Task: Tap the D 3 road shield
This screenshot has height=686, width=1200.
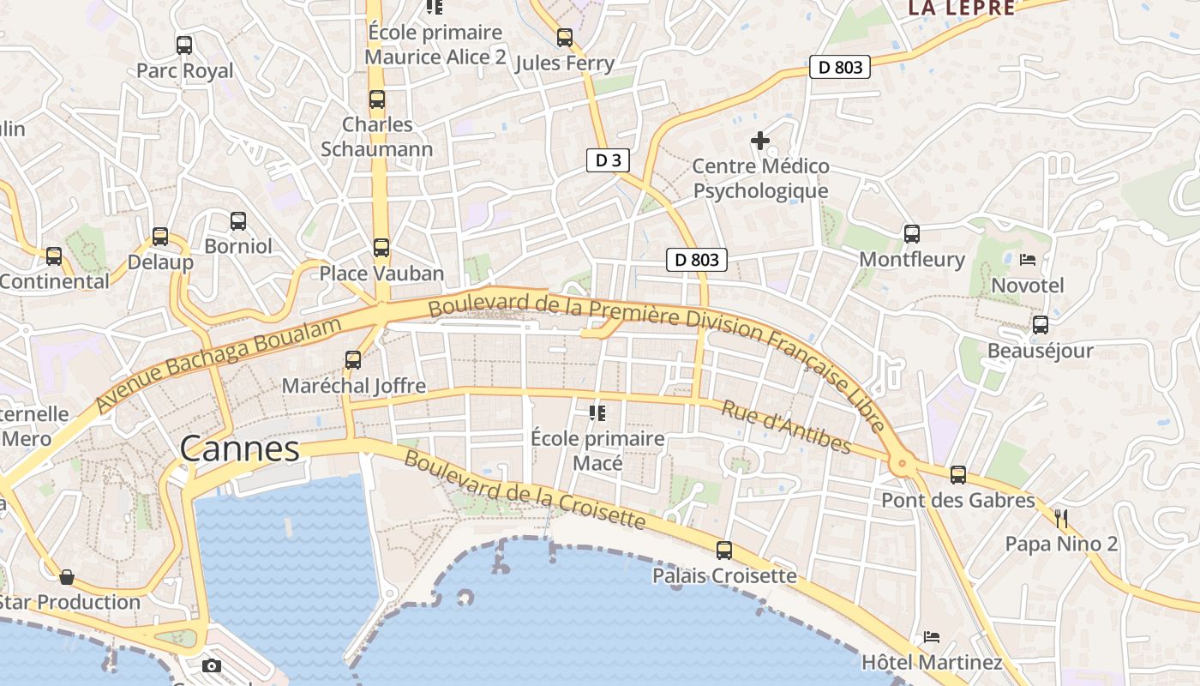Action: click(x=609, y=160)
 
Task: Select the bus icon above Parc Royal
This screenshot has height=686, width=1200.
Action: click(x=183, y=45)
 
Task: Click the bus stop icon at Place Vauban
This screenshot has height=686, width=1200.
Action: click(x=381, y=248)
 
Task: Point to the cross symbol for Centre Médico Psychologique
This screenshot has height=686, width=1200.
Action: click(x=760, y=140)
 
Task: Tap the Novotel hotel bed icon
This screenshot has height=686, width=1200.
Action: click(x=1028, y=259)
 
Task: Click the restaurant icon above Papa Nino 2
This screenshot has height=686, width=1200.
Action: click(x=1061, y=518)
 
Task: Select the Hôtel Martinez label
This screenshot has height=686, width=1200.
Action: click(x=932, y=662)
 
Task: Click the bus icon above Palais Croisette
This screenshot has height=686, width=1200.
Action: click(x=724, y=550)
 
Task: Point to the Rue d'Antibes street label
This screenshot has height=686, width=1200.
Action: click(x=786, y=426)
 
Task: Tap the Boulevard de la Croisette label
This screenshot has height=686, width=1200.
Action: click(x=524, y=490)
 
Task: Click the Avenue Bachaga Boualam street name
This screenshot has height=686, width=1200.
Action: click(x=219, y=363)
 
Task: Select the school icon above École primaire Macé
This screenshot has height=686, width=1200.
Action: click(x=597, y=413)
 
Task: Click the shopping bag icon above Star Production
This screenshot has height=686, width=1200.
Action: click(x=67, y=577)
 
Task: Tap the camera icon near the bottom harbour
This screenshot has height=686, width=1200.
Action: click(x=212, y=665)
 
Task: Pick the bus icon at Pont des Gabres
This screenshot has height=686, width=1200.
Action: click(x=958, y=474)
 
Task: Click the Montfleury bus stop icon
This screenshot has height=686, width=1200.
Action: click(x=912, y=233)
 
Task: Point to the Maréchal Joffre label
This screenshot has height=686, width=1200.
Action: click(x=354, y=386)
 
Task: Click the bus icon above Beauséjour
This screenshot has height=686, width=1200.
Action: click(x=1041, y=325)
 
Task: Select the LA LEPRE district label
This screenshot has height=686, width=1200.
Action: click(x=961, y=9)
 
